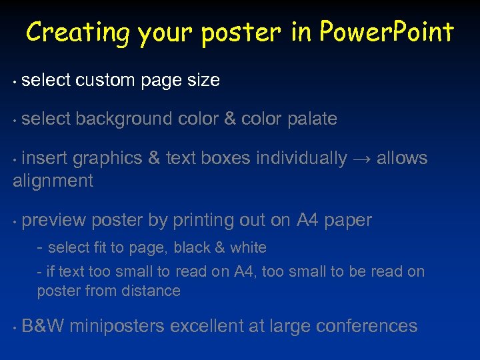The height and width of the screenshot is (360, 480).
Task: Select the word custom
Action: tap(107, 81)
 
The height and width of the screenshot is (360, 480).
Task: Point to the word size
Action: tap(203, 81)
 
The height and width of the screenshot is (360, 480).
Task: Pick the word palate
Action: tap(312, 119)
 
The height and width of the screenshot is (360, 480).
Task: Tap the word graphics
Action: tap(107, 159)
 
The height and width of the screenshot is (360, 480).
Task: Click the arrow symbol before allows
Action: tap(362, 159)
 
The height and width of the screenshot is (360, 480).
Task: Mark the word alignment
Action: tap(53, 181)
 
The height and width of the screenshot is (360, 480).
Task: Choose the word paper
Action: tap(348, 221)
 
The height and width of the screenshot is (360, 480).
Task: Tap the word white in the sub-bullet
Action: tap(248, 248)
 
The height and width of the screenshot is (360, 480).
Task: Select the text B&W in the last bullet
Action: tap(43, 326)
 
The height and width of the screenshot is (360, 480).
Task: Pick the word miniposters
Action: tap(117, 326)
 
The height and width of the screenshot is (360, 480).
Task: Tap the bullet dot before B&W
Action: tap(15, 328)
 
